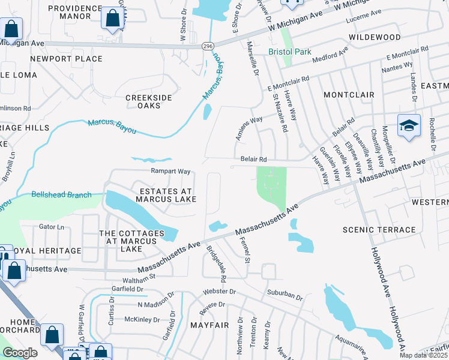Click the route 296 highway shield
206,46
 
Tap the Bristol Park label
290,52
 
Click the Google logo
20,353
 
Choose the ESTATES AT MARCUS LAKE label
167,196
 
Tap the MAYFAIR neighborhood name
210,325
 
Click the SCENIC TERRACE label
379,230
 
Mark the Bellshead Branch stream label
61,195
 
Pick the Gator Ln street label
51,227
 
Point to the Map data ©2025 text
424,355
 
